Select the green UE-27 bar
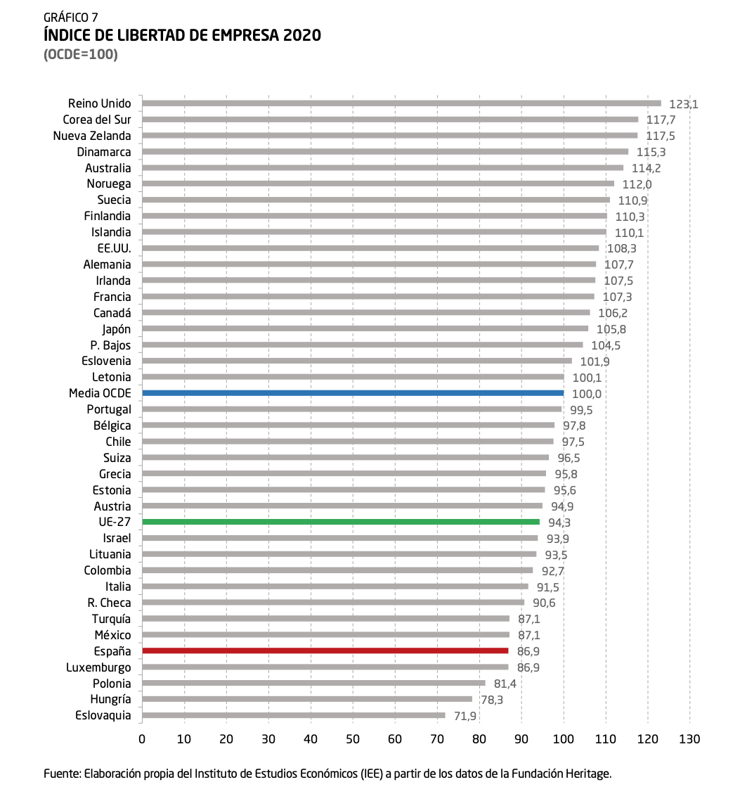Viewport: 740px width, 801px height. pyautogui.click(x=341, y=522)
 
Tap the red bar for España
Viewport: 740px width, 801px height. pyautogui.click(x=325, y=651)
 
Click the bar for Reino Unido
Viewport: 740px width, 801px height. pyautogui.click(x=401, y=103)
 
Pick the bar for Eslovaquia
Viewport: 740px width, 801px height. pyautogui.click(x=293, y=715)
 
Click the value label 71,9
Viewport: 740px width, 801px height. pyautogui.click(x=465, y=716)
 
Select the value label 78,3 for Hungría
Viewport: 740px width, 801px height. pyautogui.click(x=492, y=700)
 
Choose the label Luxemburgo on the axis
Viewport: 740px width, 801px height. pyautogui.click(x=98, y=667)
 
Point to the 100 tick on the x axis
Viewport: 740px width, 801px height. pyautogui.click(x=563, y=739)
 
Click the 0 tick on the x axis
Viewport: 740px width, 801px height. pyautogui.click(x=142, y=739)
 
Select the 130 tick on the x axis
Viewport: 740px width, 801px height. pyautogui.click(x=689, y=739)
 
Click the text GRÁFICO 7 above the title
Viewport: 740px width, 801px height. pyautogui.click(x=70, y=18)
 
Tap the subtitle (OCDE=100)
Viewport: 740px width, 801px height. pyautogui.click(x=81, y=54)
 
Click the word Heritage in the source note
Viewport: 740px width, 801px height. pyautogui.click(x=590, y=774)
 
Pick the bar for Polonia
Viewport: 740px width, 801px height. pyautogui.click(x=313, y=683)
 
